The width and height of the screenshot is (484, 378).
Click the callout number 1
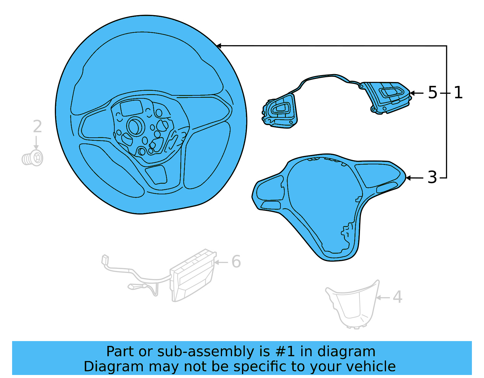coord(458,93)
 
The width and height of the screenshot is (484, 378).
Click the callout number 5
coord(433,93)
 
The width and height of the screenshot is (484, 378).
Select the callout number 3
coord(432,178)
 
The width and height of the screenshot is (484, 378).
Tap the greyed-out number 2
coord(37,127)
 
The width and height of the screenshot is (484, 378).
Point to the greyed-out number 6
coord(236,262)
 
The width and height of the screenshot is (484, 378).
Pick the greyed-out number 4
coord(397,297)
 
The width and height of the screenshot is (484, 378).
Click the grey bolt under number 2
coord(32,158)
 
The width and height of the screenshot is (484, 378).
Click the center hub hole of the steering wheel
coord(136,126)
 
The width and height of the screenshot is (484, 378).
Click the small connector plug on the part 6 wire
coord(105,260)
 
